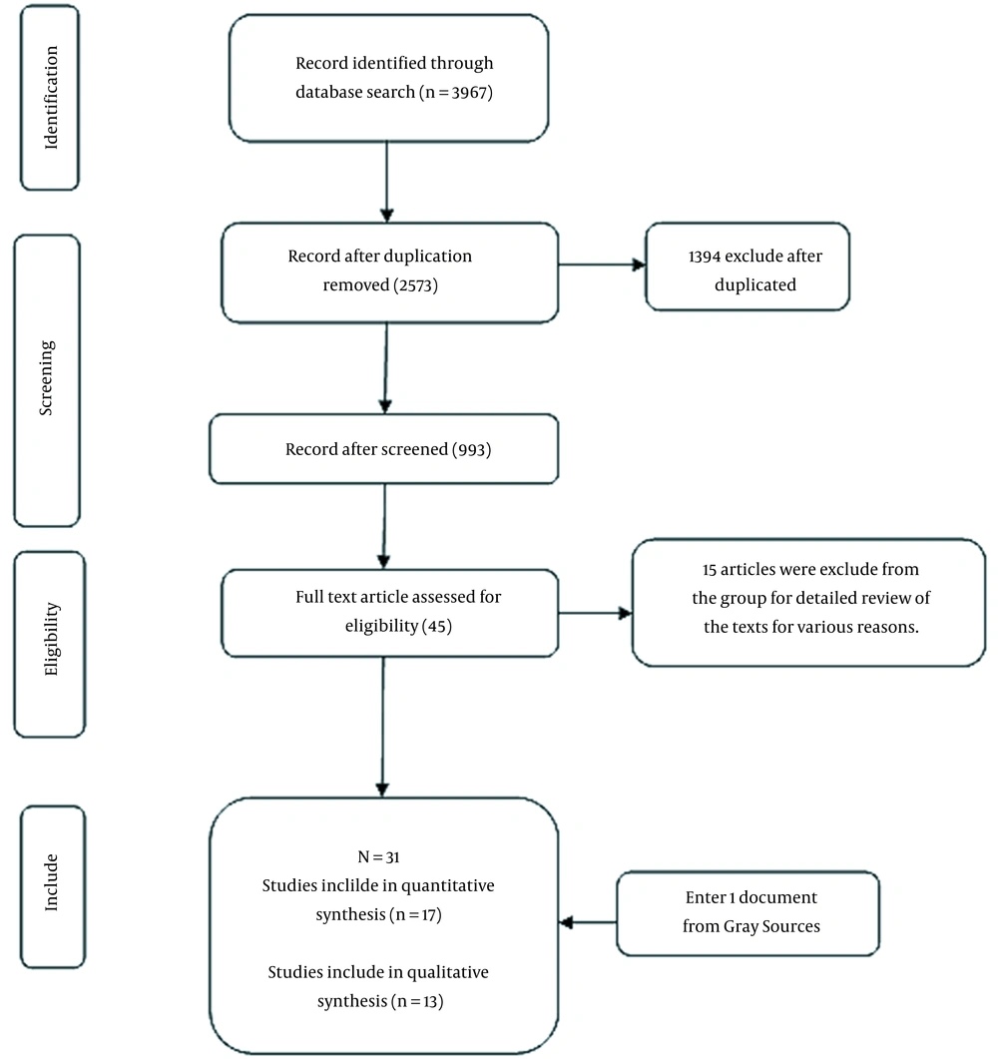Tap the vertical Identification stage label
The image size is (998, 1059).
click(x=51, y=97)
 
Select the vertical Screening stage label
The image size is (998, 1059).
click(x=46, y=377)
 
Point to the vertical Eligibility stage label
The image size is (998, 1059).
click(x=51, y=639)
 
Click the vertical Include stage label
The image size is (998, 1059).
click(x=51, y=882)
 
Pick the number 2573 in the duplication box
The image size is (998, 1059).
click(x=415, y=285)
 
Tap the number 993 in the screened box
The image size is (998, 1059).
click(x=471, y=450)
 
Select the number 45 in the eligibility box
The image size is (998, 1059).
click(x=437, y=626)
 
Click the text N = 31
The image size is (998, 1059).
click(x=378, y=857)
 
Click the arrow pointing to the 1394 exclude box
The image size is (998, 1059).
click(x=602, y=265)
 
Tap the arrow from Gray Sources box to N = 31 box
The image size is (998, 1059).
click(x=588, y=922)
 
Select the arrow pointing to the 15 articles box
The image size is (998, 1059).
click(x=596, y=613)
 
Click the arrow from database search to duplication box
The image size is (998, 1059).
click(x=387, y=182)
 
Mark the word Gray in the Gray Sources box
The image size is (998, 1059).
click(x=741, y=926)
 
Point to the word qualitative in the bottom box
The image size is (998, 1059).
click(x=448, y=972)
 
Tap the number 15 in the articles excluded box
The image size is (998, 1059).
click(x=709, y=570)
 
